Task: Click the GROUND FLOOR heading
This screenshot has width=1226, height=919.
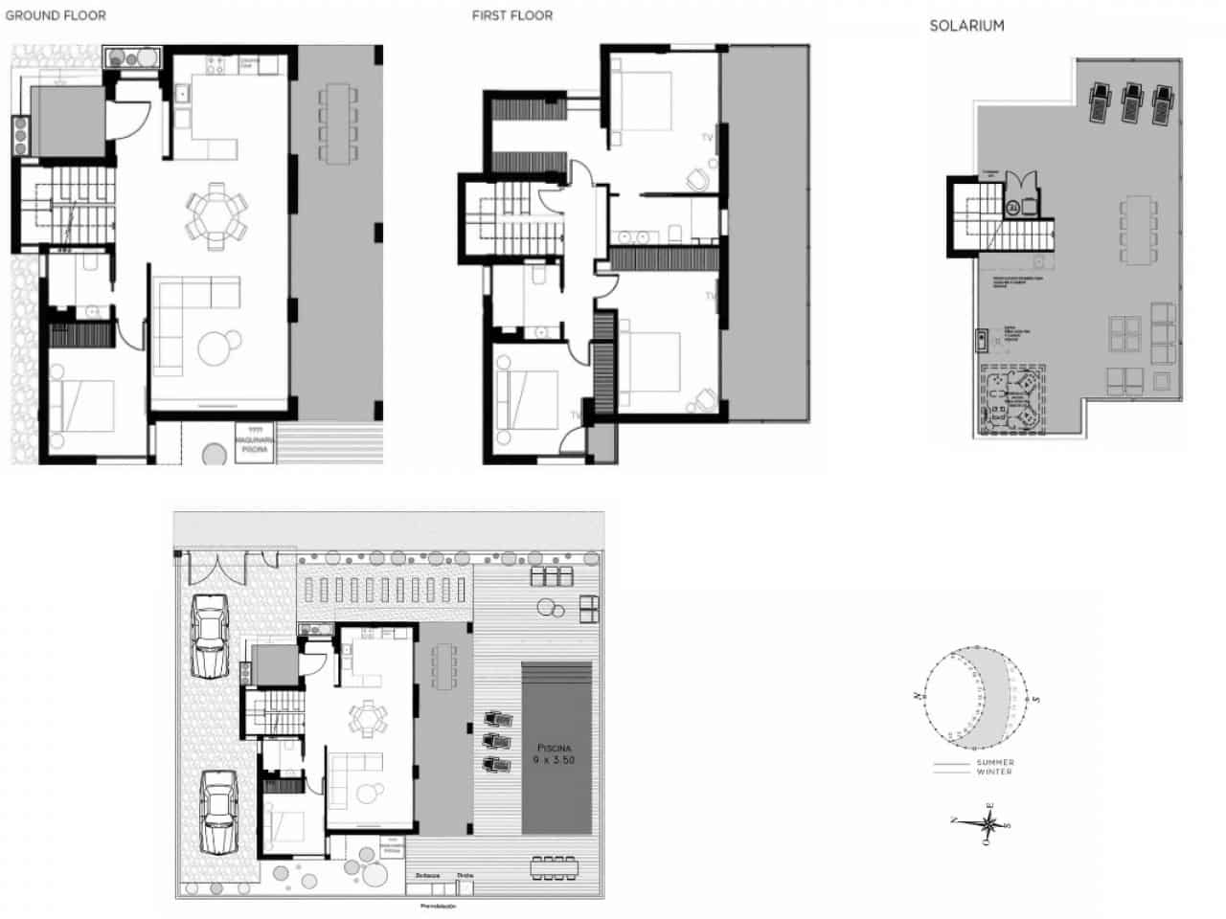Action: (56, 15)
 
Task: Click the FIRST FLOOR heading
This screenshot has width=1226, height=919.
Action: (511, 15)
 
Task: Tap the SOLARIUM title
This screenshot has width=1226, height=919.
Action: (966, 26)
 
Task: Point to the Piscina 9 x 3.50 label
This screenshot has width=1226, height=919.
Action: (555, 752)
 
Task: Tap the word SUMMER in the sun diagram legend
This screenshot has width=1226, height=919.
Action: (995, 762)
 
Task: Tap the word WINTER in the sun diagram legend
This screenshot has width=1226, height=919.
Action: (995, 772)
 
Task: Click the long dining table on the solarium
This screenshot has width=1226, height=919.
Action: (1136, 231)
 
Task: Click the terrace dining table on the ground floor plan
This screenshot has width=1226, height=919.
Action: (336, 123)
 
